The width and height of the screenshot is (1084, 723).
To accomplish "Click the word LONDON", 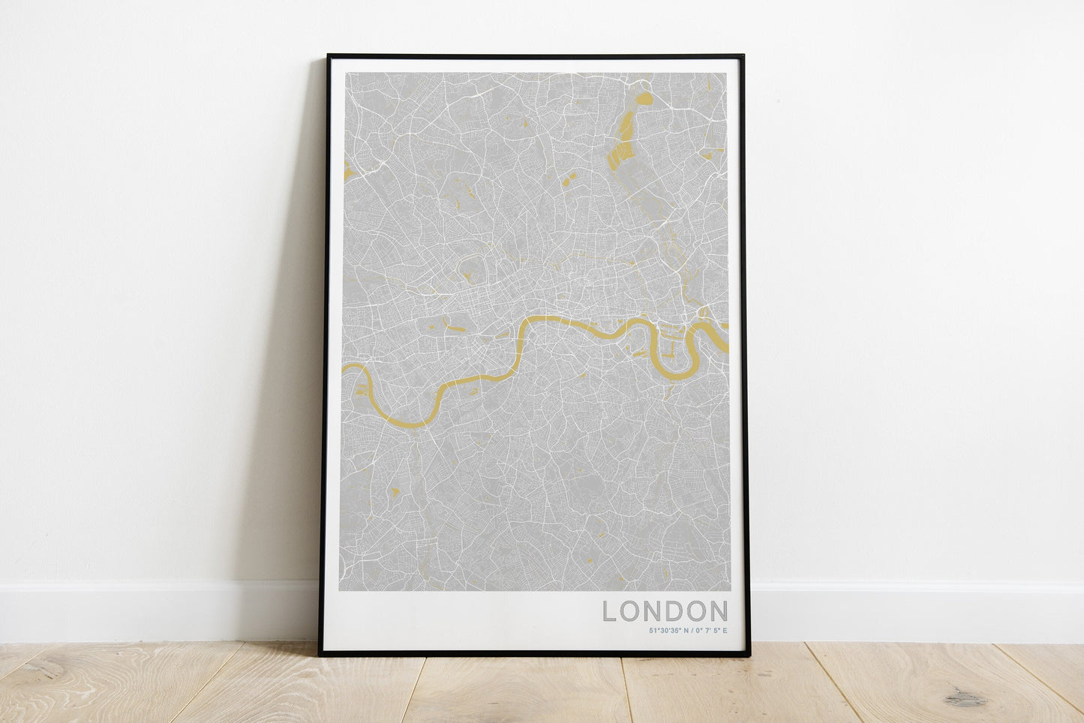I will point(665,610).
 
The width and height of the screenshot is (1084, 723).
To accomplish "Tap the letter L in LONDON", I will point(609,610).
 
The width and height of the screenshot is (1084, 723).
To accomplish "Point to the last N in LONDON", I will point(718,610).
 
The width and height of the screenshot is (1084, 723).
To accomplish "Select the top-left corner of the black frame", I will point(329,55).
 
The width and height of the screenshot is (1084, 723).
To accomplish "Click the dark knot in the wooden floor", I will point(965,699).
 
